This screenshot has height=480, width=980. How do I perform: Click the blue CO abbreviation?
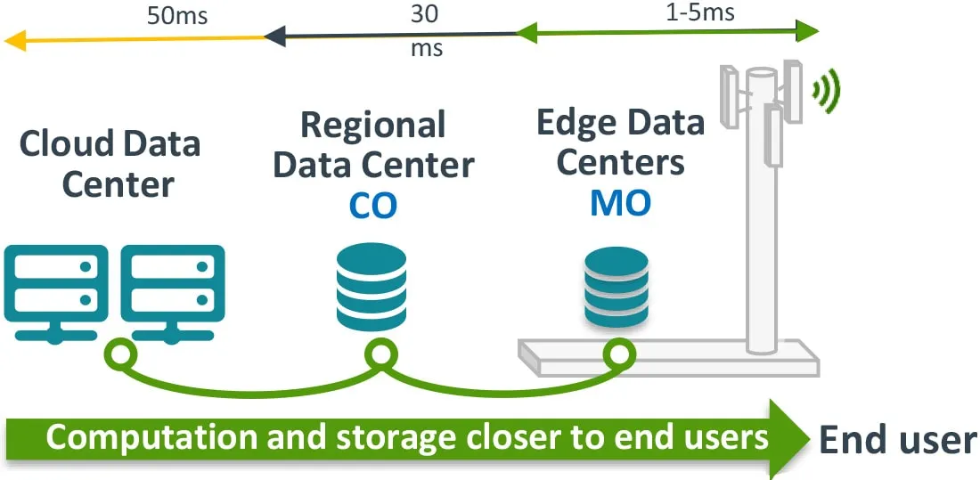[x=372, y=205]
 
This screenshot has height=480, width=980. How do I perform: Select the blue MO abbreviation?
[x=620, y=204]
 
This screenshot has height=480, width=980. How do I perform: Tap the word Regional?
[x=373, y=126]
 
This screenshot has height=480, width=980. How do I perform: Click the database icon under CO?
[x=372, y=287]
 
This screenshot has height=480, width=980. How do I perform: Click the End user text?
[x=896, y=440]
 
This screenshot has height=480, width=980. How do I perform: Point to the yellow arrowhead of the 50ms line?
[x=16, y=38]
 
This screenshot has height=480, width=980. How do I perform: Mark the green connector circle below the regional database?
[x=380, y=355]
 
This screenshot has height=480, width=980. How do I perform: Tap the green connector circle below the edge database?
[x=616, y=355]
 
